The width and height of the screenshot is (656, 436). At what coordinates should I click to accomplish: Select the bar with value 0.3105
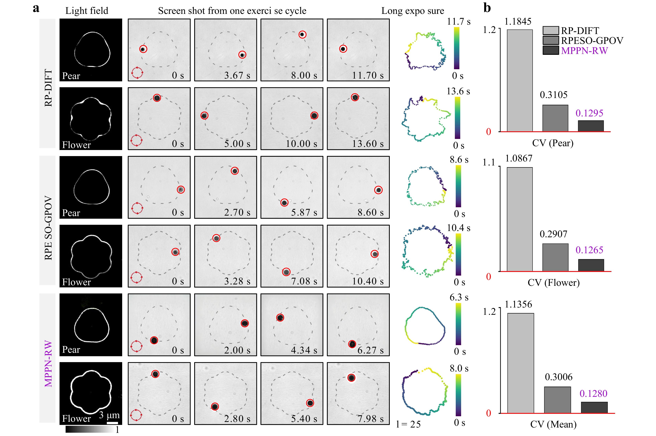click(x=555, y=118)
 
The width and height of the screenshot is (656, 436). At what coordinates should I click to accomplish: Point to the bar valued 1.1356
click(x=520, y=363)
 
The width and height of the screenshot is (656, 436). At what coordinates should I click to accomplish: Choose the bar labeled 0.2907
click(x=555, y=257)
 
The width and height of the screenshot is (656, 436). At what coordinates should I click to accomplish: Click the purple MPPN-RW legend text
click(x=584, y=51)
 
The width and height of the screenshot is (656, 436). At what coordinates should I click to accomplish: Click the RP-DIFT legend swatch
click(x=550, y=30)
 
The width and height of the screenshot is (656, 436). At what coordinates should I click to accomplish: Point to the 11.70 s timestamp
click(x=368, y=75)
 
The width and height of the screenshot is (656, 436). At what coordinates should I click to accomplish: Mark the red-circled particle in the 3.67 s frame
click(x=242, y=55)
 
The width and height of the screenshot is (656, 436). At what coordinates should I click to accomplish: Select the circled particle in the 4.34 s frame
click(x=280, y=318)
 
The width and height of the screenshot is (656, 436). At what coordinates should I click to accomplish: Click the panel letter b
click(x=487, y=8)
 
